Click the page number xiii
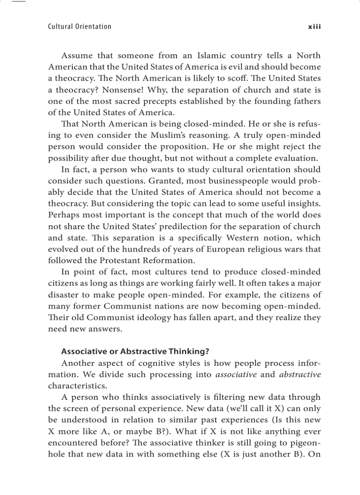click(x=314, y=26)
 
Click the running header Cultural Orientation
click(x=79, y=26)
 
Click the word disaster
click(x=63, y=294)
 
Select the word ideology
click(x=168, y=317)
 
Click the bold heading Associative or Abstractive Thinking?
click(x=135, y=351)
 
